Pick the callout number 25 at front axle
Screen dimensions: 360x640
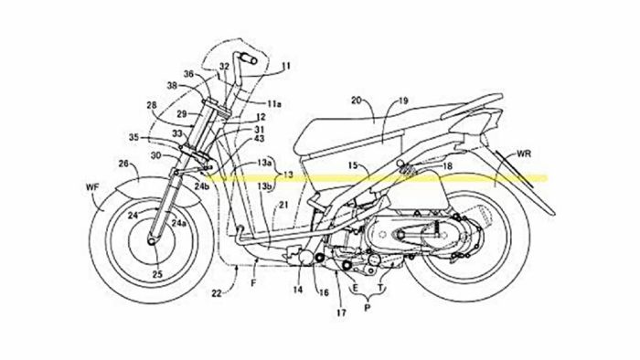point(157,273)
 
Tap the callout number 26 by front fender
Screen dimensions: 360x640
point(123,164)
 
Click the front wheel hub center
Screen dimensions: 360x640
point(150,245)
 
